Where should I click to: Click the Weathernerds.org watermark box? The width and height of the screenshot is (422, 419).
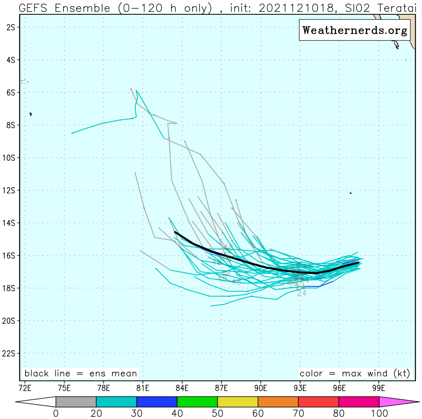tap(355, 30)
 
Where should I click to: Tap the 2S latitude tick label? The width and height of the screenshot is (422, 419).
tap(11, 27)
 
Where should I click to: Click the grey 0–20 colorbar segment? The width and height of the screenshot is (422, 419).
tap(76, 402)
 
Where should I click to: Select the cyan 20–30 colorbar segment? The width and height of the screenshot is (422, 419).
tap(116, 402)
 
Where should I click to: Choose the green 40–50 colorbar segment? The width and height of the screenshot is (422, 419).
tap(197, 402)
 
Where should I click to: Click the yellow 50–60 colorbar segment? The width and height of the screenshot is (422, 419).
tap(237, 402)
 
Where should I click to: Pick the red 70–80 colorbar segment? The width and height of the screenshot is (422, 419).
tap(318, 402)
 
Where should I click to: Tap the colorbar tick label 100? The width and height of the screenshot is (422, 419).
tap(378, 413)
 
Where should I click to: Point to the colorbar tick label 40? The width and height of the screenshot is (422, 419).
tap(177, 413)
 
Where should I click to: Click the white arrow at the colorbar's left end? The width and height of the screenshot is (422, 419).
tap(36, 402)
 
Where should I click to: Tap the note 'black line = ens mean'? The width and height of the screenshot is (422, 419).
tap(81, 374)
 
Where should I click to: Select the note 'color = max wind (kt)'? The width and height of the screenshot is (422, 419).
tap(355, 374)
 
